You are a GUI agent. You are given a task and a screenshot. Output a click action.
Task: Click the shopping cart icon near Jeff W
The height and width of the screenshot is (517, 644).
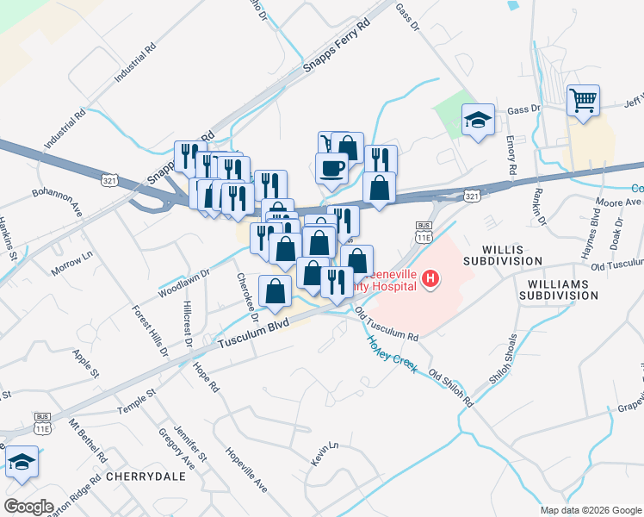(583, 101)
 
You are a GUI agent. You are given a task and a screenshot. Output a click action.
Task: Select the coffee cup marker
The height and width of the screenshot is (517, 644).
(332, 169)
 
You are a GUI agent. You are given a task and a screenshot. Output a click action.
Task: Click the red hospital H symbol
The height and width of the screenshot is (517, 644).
(431, 279)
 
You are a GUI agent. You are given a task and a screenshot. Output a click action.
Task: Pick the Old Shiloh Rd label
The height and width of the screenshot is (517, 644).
(451, 389)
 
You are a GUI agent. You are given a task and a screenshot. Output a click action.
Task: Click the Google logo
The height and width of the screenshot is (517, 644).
(29, 507)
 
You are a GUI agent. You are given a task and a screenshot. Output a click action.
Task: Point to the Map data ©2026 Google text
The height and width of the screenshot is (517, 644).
(590, 510)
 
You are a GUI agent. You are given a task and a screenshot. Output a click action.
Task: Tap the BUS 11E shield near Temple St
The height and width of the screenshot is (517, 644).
(42, 421)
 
